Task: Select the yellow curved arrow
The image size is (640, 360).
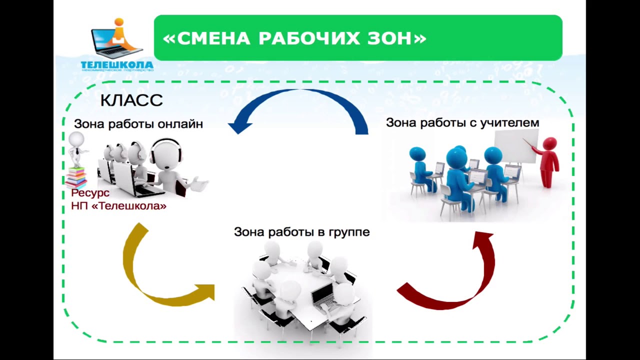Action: pyautogui.click(x=145, y=280)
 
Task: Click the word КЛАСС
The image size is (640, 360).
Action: pyautogui.click(x=131, y=100)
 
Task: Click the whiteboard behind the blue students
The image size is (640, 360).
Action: pyautogui.click(x=515, y=145)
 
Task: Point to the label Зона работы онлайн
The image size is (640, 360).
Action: pyautogui.click(x=138, y=124)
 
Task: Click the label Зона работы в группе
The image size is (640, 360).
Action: pyautogui.click(x=301, y=232)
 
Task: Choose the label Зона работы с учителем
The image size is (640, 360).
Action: pyautogui.click(x=462, y=122)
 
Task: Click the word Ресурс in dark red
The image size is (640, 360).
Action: pyautogui.click(x=90, y=193)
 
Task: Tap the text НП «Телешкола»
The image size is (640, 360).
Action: pyautogui.click(x=118, y=205)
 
